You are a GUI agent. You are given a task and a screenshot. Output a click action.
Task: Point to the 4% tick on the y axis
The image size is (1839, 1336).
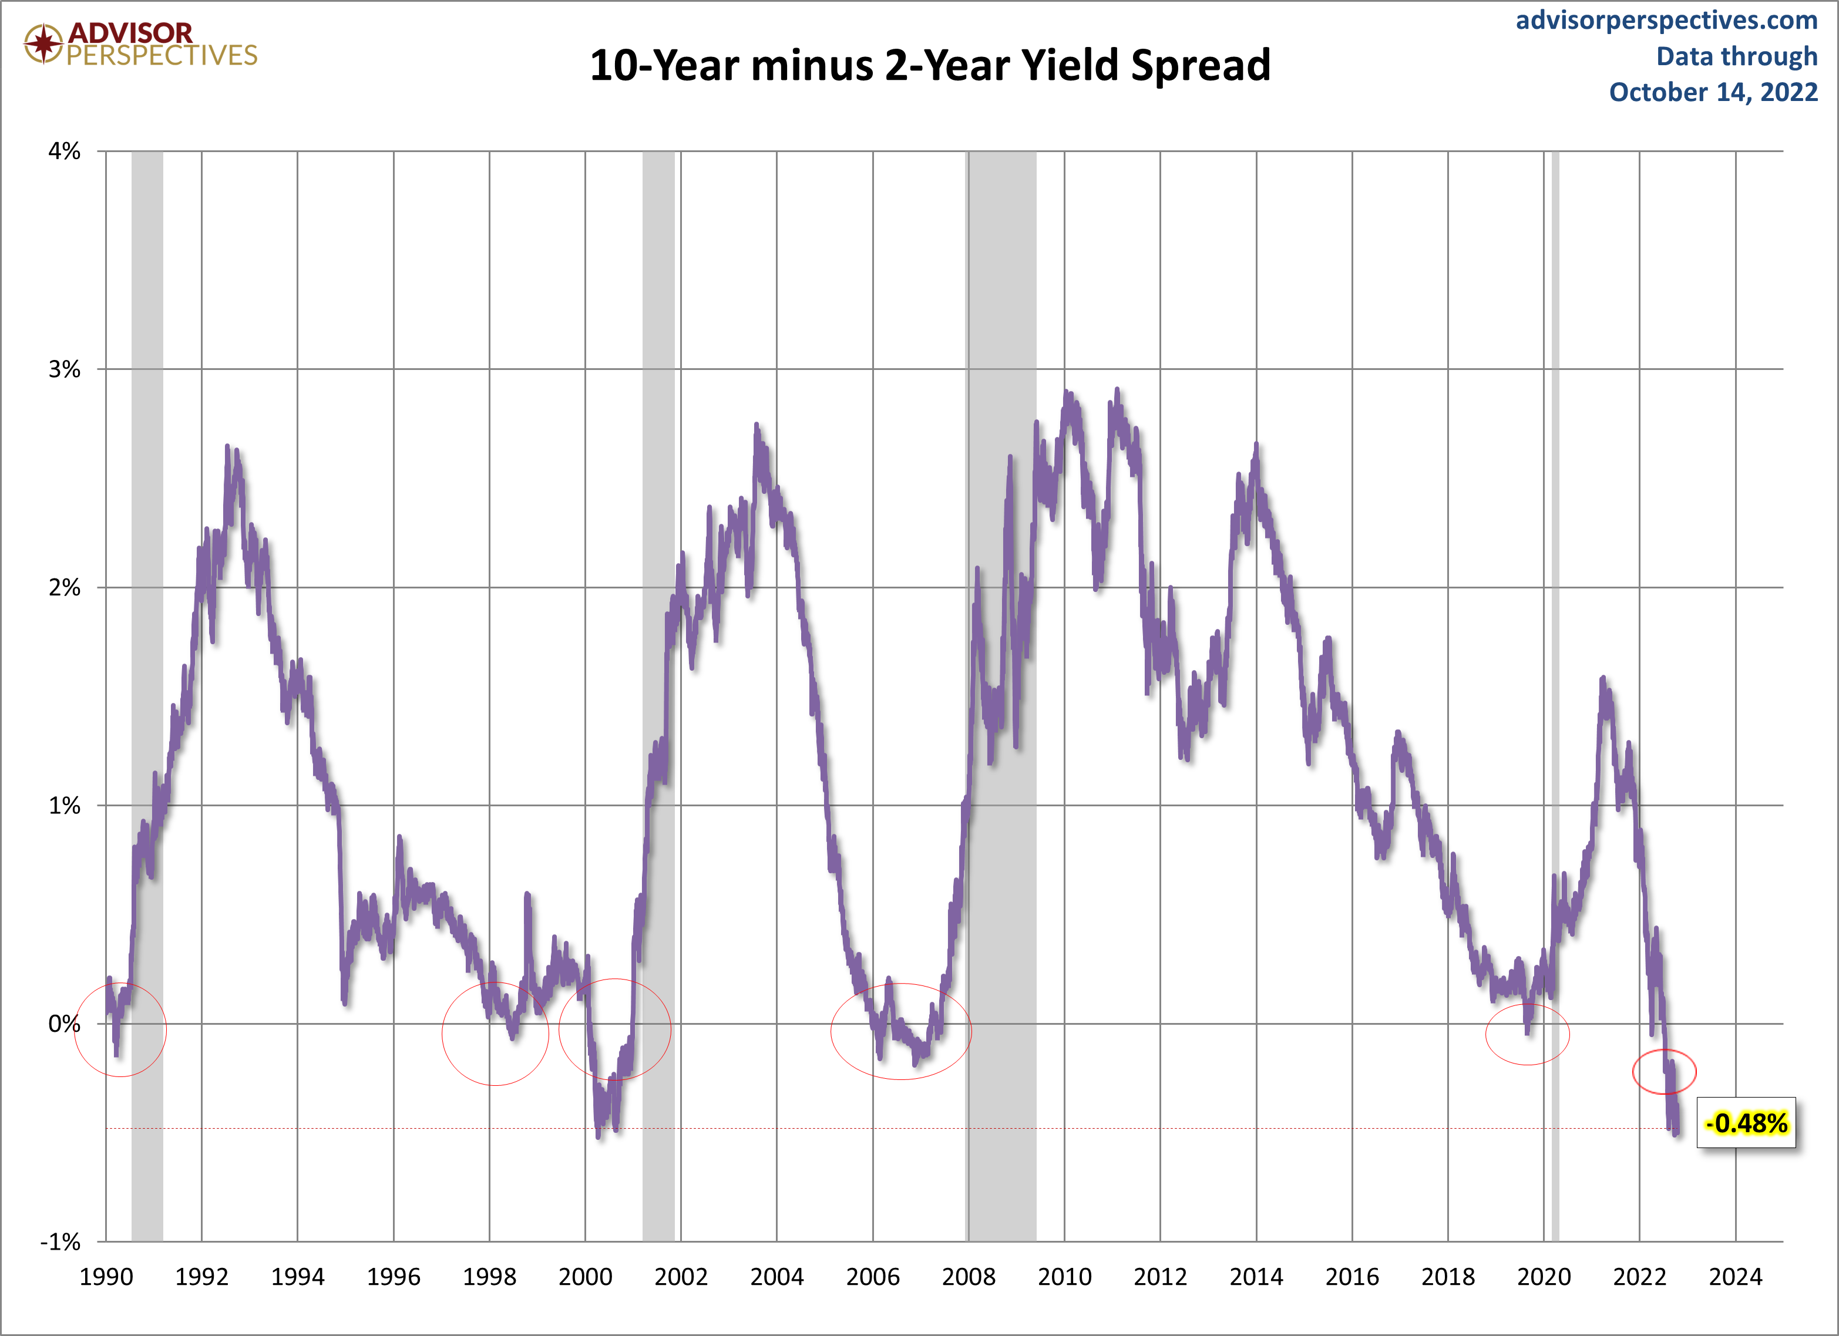coord(64,152)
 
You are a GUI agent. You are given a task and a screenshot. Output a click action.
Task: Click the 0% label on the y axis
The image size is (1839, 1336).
coord(64,1024)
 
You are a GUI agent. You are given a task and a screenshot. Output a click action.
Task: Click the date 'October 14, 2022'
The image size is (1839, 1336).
coord(1713,92)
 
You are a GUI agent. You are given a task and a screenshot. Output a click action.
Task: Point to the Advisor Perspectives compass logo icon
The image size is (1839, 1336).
coord(43,43)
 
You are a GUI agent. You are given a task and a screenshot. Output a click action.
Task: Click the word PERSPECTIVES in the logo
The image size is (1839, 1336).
coord(162,55)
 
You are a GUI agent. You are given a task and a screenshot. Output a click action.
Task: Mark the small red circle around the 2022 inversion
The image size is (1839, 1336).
coord(1664,1072)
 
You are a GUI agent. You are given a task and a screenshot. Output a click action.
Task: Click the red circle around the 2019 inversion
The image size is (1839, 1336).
coord(1528,1034)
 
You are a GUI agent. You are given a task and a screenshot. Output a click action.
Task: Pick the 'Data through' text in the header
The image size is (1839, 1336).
coord(1736,56)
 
